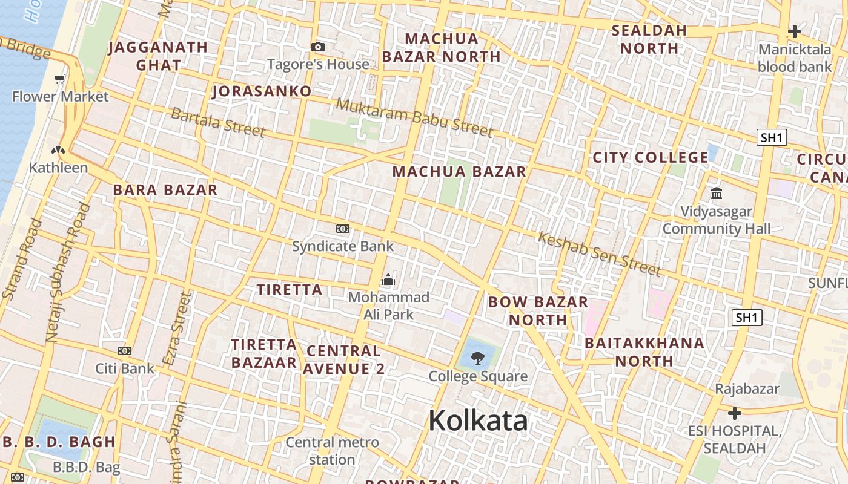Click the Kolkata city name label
tap(478, 420)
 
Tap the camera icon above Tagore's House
tap(318, 47)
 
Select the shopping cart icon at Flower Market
tap(60, 79)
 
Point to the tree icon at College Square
tap(478, 358)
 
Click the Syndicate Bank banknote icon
tap(343, 229)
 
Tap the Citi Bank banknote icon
tap(125, 351)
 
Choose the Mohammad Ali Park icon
tap(388, 280)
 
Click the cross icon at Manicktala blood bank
tap(795, 31)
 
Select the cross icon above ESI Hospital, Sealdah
tap(735, 414)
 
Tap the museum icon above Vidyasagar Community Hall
tap(717, 194)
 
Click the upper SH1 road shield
tap(772, 137)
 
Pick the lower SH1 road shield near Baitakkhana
tap(747, 317)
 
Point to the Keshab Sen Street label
tap(598, 253)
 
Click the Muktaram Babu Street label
tap(414, 117)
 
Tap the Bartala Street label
tap(218, 122)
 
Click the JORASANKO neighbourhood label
tap(262, 91)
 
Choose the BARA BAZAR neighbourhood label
tap(165, 190)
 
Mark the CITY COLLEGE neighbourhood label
tap(650, 157)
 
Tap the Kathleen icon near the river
tap(58, 151)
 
